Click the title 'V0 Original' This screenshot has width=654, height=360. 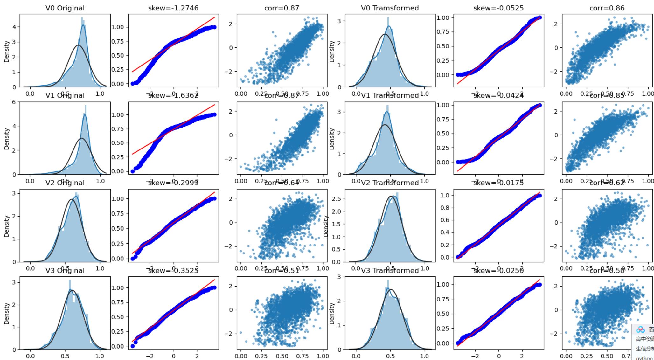coord(65,8)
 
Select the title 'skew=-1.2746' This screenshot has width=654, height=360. coord(173,8)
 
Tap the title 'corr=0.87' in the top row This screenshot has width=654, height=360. coord(282,8)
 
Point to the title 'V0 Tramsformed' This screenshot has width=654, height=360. coord(390,8)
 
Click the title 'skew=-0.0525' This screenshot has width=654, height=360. coord(498,8)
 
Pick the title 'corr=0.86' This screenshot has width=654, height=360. coord(607,8)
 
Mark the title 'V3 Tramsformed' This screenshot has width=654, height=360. coord(390,270)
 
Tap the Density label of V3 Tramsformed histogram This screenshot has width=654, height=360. coord(332,313)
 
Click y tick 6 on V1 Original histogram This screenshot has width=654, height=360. coord(13,102)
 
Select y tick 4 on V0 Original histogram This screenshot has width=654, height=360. coord(14,27)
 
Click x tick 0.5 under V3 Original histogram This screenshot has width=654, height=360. coord(65,356)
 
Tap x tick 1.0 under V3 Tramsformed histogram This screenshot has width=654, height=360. coord(424,356)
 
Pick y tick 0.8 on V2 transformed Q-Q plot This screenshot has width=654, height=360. coord(445,208)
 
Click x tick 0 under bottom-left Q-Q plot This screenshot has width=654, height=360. coord(173,356)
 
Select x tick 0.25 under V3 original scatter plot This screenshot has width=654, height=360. coord(261,356)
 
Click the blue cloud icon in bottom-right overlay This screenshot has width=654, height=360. coord(640,329)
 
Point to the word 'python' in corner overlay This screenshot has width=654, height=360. coord(644,358)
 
